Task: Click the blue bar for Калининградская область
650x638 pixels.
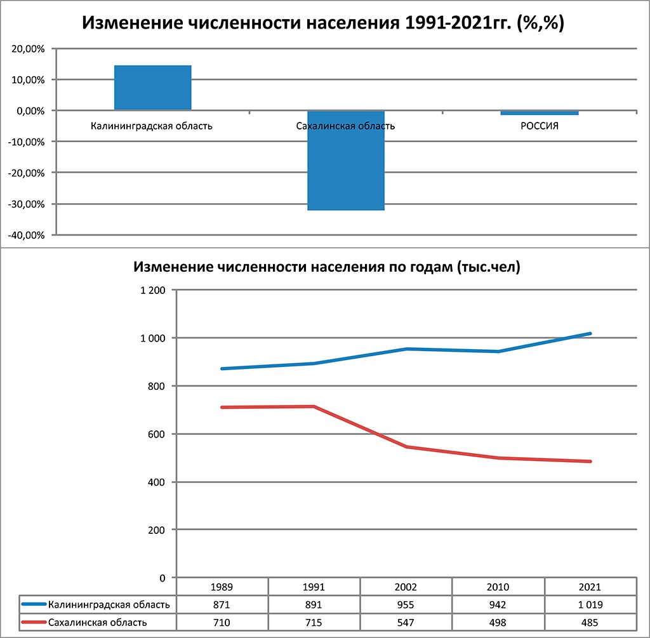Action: pos(152,88)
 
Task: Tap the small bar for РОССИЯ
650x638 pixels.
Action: pos(540,113)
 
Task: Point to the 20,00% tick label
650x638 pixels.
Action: pos(27,49)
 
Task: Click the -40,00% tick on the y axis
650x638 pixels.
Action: pos(25,236)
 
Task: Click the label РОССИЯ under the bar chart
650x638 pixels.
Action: pos(540,126)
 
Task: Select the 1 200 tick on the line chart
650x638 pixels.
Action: pos(152,291)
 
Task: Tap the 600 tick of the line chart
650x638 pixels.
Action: pos(156,434)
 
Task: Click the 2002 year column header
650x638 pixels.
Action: pos(406,587)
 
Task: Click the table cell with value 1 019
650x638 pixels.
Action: pos(590,604)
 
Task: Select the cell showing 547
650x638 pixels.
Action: pos(406,622)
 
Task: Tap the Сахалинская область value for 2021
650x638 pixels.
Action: pos(590,622)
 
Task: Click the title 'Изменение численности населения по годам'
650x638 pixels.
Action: pos(326,267)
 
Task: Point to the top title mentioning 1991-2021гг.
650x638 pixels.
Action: pos(324,23)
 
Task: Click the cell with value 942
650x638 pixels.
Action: pos(498,604)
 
